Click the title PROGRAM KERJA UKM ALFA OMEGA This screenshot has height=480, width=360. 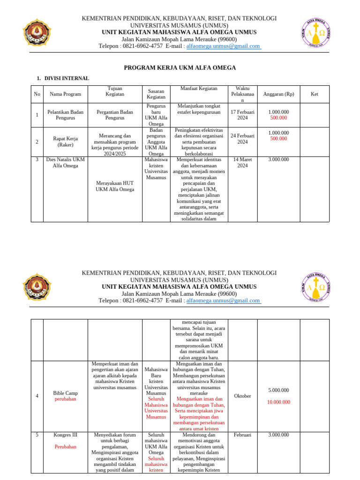tap(180, 68)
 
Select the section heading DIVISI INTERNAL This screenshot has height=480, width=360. tap(67, 78)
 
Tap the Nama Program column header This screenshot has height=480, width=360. tap(66, 94)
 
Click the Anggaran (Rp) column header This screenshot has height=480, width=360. tap(278, 94)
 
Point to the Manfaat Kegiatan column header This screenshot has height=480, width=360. tap(199, 89)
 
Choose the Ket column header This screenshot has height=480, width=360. tap(314, 94)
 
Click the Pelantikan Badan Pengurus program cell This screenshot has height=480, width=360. tap(66, 115)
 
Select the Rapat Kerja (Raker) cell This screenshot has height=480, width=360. tap(66, 142)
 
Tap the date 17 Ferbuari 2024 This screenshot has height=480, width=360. tap(242, 115)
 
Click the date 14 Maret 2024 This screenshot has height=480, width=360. tap(242, 163)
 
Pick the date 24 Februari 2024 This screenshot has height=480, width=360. tap(242, 139)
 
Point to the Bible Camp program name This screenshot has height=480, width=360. tap(65, 393)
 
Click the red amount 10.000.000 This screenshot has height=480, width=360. tap(278, 402)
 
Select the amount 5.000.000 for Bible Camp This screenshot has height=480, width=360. tap(278, 390)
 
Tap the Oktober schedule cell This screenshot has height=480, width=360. tap(242, 396)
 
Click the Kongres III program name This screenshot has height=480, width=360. tap(65, 435)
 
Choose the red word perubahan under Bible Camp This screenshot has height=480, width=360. tap(65, 399)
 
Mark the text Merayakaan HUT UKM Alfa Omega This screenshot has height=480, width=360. tap(115, 186)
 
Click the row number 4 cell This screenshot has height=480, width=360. tap(37, 396)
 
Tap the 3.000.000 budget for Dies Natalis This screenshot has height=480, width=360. tap(278, 159)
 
